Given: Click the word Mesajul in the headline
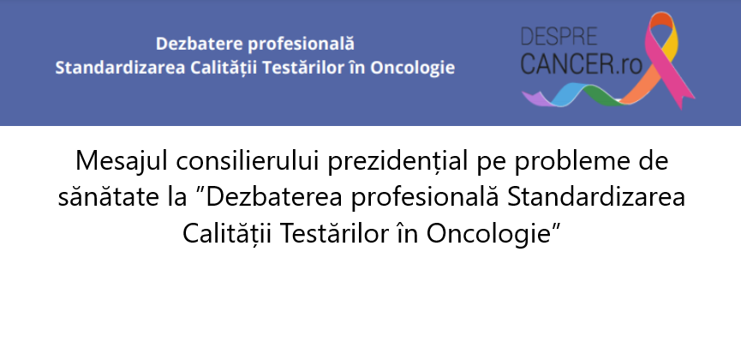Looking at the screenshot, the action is (122, 161).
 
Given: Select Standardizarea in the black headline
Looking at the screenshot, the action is (596, 197).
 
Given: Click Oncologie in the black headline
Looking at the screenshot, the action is (489, 234).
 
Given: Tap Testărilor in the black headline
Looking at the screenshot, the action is (333, 234).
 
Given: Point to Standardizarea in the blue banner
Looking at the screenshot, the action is (120, 68).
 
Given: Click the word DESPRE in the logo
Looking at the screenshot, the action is (559, 37).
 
